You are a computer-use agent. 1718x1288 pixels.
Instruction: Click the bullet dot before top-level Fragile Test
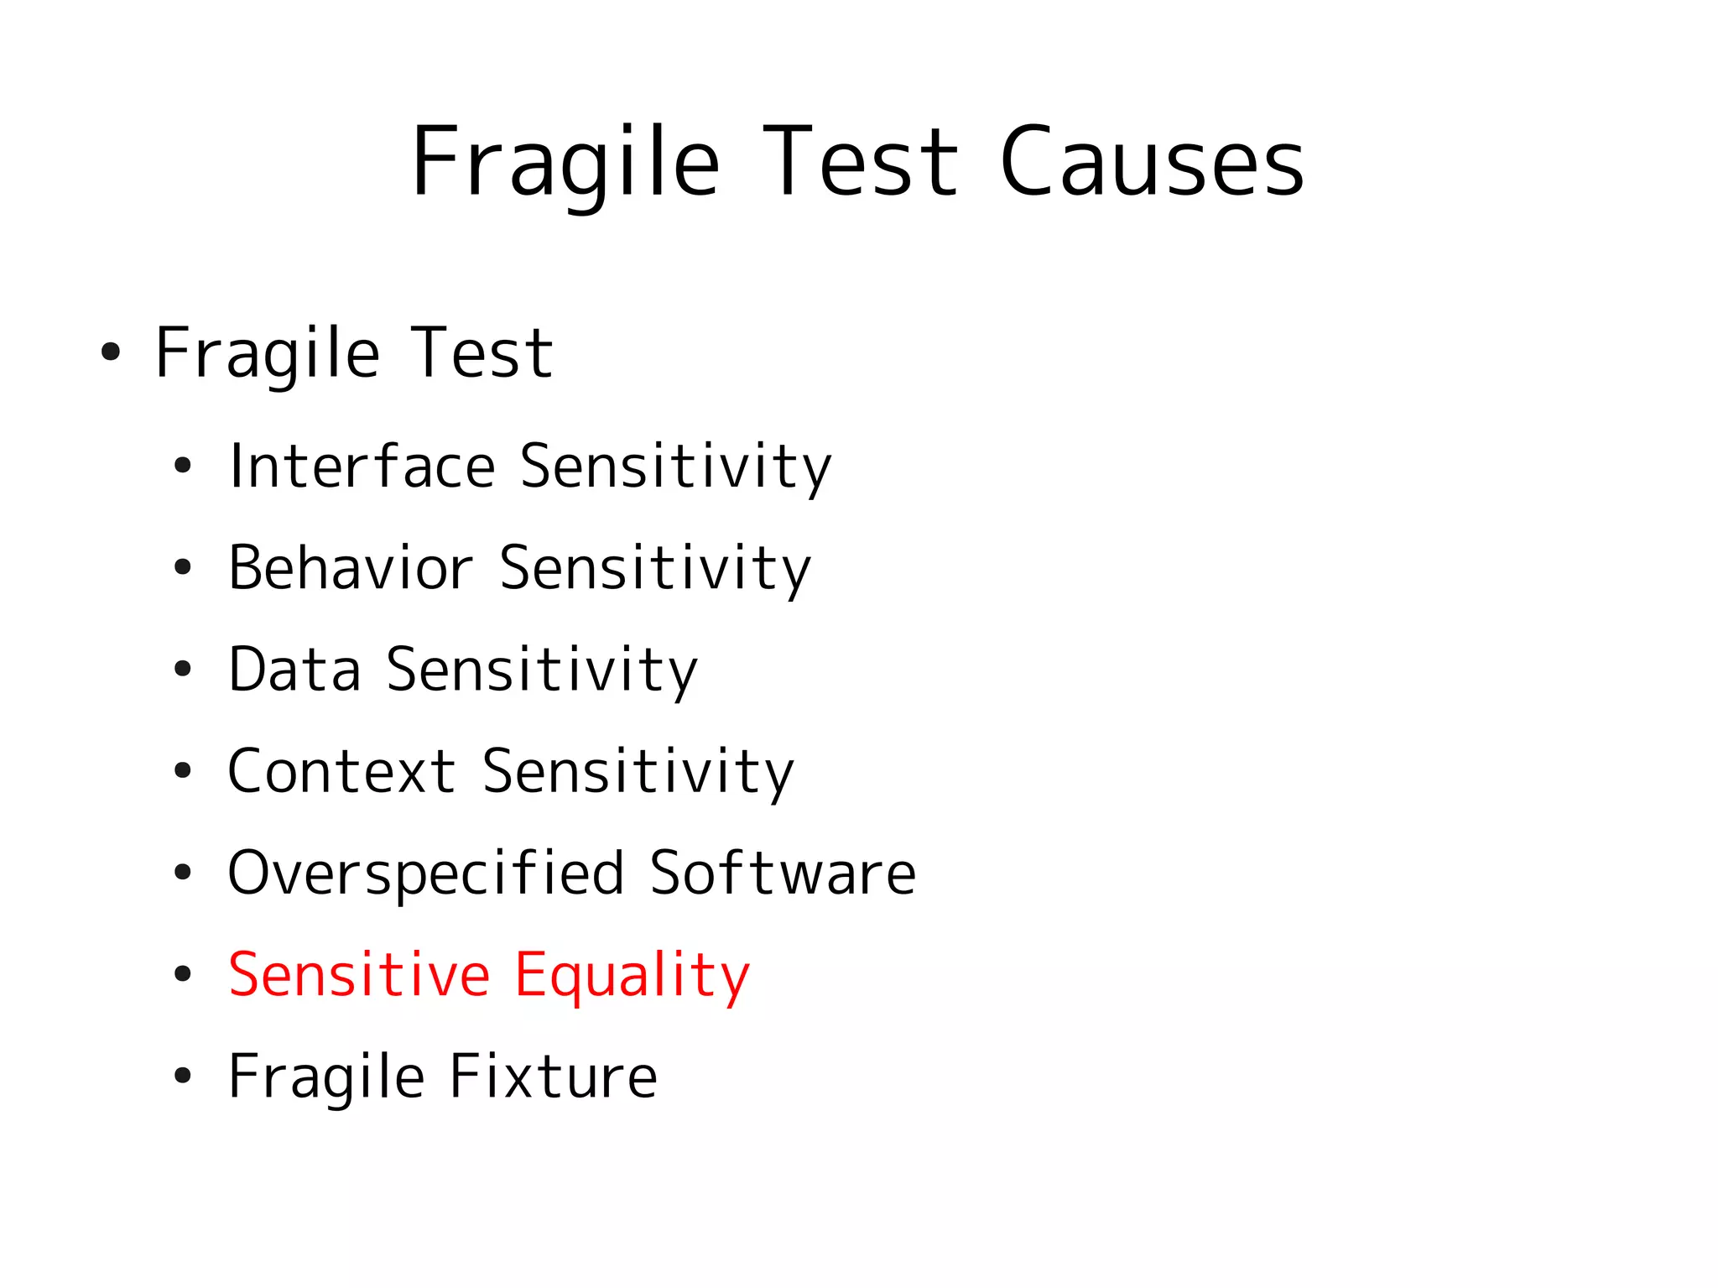click(x=111, y=352)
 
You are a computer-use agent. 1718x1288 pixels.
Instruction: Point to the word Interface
click(x=362, y=466)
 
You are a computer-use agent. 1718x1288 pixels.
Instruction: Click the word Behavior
click(x=350, y=568)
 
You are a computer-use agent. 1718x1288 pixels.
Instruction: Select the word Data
click(x=294, y=670)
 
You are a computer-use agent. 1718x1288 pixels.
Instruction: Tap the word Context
click(x=341, y=771)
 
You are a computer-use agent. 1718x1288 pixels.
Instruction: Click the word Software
click(x=782, y=873)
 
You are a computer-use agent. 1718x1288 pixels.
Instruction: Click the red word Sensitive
click(x=359, y=975)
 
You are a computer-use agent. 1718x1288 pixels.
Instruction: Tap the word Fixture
click(x=553, y=1077)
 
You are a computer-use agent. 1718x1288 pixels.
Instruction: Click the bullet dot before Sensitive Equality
click(x=183, y=975)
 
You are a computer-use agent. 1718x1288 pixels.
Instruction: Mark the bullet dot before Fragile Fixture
click(x=183, y=1077)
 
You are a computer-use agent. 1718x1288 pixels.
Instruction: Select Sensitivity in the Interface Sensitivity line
click(x=675, y=467)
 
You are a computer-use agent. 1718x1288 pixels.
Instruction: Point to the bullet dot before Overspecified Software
click(x=183, y=873)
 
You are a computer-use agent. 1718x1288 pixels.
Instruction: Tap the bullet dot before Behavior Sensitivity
click(x=183, y=568)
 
